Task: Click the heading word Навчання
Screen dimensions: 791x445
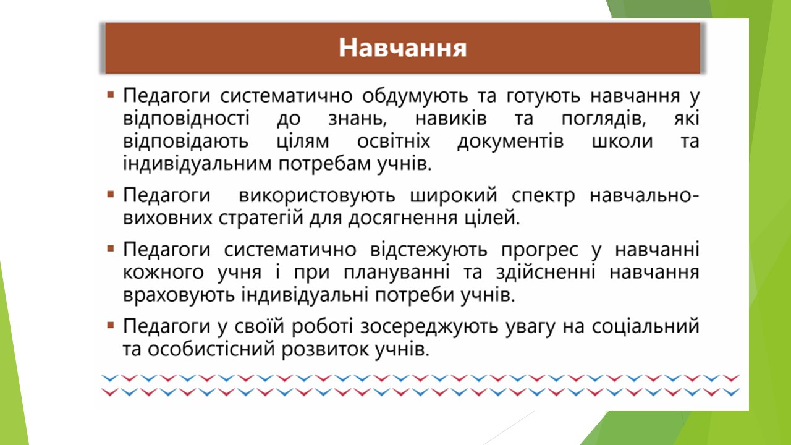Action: point(402,48)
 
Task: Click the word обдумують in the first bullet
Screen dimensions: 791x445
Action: point(415,96)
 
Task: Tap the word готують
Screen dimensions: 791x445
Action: point(543,96)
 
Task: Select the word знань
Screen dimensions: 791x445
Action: point(357,119)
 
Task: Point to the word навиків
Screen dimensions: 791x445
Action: point(450,118)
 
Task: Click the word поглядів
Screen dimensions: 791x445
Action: point(604,119)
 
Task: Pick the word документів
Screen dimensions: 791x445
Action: point(510,142)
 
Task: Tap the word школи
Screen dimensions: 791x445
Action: point(622,142)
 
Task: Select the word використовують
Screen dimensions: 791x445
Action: point(317,196)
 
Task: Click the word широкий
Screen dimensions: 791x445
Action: point(454,196)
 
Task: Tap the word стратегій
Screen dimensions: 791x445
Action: point(261,218)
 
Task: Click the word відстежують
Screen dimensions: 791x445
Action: point(429,250)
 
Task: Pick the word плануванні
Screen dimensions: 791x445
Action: point(397,273)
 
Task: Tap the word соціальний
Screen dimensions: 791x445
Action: point(646,326)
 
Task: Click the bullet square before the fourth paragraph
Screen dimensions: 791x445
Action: point(111,325)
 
